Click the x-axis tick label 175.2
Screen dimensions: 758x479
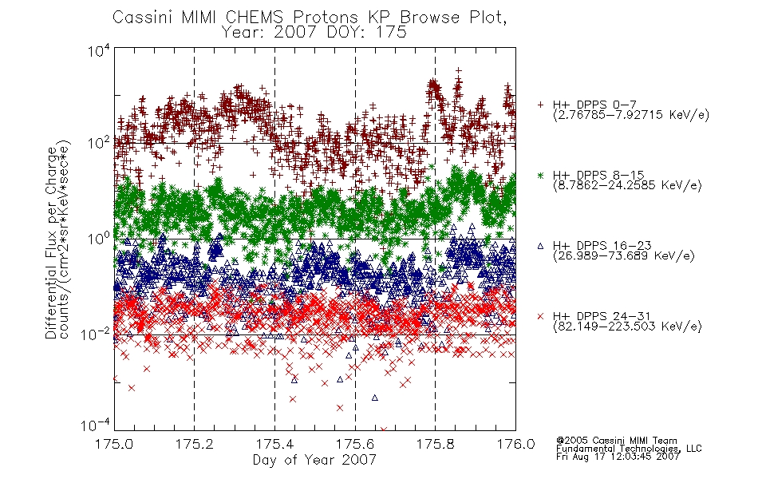[x=195, y=444]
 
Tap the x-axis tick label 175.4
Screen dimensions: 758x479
[x=274, y=444]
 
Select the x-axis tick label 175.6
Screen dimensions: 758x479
[x=355, y=444]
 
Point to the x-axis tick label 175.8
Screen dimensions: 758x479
[x=435, y=444]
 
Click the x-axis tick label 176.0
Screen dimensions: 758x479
[x=515, y=444]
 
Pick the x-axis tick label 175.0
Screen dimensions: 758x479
[x=114, y=444]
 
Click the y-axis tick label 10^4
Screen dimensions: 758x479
[x=99, y=50]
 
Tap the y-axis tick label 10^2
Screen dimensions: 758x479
[x=99, y=143]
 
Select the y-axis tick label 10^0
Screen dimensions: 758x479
[x=99, y=239]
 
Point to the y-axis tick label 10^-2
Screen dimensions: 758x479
[x=96, y=334]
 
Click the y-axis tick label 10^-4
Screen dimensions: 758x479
[x=96, y=425]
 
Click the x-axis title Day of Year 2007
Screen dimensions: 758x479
[x=314, y=460]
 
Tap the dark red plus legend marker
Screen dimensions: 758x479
[x=540, y=105]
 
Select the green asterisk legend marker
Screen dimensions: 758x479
[x=540, y=175]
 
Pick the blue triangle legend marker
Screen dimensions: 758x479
[x=540, y=246]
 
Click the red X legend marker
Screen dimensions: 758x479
[x=540, y=316]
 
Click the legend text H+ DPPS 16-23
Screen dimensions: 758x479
[x=602, y=245]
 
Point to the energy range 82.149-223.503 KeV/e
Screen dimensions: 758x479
[x=627, y=327]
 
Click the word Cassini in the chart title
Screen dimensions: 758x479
[x=143, y=18]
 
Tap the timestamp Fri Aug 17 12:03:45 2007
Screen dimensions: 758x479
[x=618, y=457]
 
